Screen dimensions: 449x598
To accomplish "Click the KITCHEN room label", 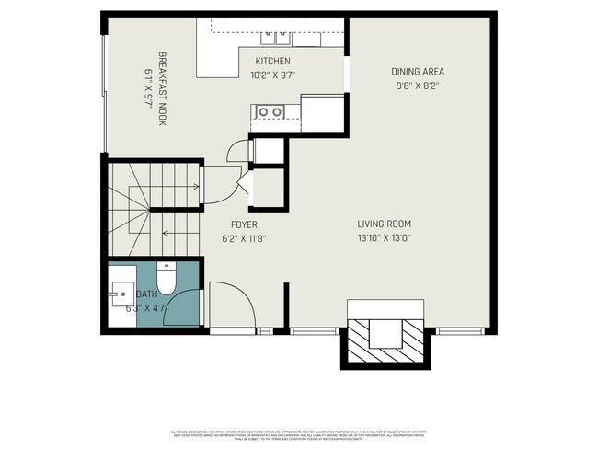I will pos(272,62).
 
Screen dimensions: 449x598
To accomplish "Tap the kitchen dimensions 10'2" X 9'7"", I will pos(272,75).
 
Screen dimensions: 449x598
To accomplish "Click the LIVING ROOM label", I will pos(384,224).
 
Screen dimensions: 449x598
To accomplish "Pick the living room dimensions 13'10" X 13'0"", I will pos(384,237).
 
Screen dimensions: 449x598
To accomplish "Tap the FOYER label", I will pos(244,224).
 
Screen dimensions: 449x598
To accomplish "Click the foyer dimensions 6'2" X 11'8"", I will pos(244,238).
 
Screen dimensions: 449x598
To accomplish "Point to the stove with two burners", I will pos(269,112).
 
